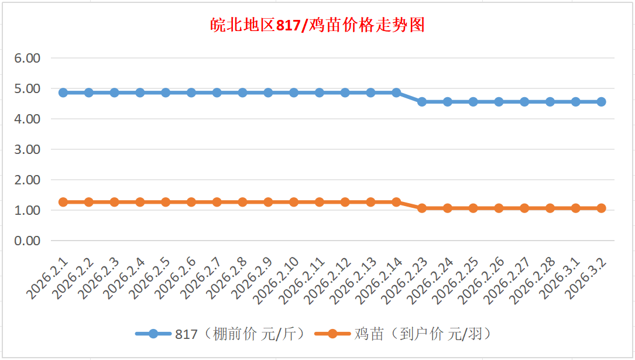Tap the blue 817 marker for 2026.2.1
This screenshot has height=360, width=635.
pyautogui.click(x=63, y=92)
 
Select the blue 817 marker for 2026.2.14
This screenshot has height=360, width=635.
pyautogui.click(x=396, y=92)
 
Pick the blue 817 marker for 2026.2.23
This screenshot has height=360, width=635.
pyautogui.click(x=422, y=102)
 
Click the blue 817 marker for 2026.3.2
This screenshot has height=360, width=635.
pyautogui.click(x=601, y=102)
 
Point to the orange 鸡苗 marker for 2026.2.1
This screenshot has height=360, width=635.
pyautogui.click(x=63, y=202)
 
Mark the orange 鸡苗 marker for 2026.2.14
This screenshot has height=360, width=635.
pyautogui.click(x=396, y=202)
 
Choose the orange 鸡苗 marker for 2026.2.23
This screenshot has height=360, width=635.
pyautogui.click(x=422, y=208)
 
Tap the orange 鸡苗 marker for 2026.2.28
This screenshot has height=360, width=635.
pyautogui.click(x=550, y=208)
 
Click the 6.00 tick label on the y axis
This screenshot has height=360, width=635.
pyautogui.click(x=28, y=58)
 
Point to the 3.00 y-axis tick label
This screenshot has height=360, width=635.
pyautogui.click(x=28, y=149)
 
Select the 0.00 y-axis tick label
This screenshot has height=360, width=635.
pyautogui.click(x=28, y=241)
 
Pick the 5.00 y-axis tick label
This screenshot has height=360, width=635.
pyautogui.click(x=28, y=88)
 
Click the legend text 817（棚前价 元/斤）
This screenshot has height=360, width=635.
pyautogui.click(x=240, y=334)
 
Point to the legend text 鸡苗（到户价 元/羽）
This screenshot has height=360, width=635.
pyautogui.click(x=422, y=334)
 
